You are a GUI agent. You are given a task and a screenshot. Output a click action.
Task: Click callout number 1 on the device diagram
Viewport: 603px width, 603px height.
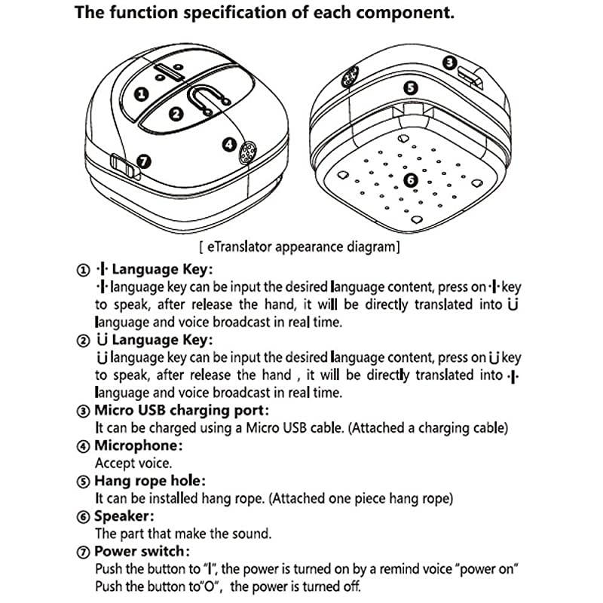141,93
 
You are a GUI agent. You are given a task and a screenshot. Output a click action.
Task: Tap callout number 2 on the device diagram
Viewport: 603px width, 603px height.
176,114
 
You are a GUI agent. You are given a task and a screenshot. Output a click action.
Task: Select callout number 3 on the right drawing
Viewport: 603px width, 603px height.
449,63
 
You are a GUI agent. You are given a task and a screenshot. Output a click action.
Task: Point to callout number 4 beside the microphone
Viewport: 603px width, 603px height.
229,145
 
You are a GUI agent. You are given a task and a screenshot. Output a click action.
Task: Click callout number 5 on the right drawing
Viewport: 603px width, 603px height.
411,88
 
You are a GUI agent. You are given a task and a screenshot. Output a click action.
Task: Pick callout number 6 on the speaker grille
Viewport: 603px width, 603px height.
411,180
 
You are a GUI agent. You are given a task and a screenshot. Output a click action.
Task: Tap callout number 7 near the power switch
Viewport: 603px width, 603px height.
144,161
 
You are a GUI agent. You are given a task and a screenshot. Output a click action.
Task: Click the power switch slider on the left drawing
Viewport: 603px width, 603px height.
124,167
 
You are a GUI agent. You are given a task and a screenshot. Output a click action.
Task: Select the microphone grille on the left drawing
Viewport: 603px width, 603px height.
248,153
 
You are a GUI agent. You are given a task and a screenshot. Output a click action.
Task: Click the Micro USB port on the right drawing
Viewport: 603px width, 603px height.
470,78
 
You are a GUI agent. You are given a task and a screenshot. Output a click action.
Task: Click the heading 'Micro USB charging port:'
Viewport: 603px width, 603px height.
182,410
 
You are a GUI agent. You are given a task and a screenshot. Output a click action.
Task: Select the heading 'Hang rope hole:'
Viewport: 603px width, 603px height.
150,481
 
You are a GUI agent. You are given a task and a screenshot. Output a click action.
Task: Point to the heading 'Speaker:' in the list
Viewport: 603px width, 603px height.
124,516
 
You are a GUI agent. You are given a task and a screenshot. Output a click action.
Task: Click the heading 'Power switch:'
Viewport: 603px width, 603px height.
142,551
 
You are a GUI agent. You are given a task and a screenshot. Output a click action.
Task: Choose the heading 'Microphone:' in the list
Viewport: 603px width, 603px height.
139,445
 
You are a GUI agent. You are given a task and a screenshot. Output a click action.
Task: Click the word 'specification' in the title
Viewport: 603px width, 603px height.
235,13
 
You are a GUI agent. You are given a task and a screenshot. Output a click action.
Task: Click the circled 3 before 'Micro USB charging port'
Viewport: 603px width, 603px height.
83,411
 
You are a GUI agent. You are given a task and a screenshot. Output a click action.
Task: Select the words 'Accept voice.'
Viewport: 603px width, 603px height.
133,463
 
